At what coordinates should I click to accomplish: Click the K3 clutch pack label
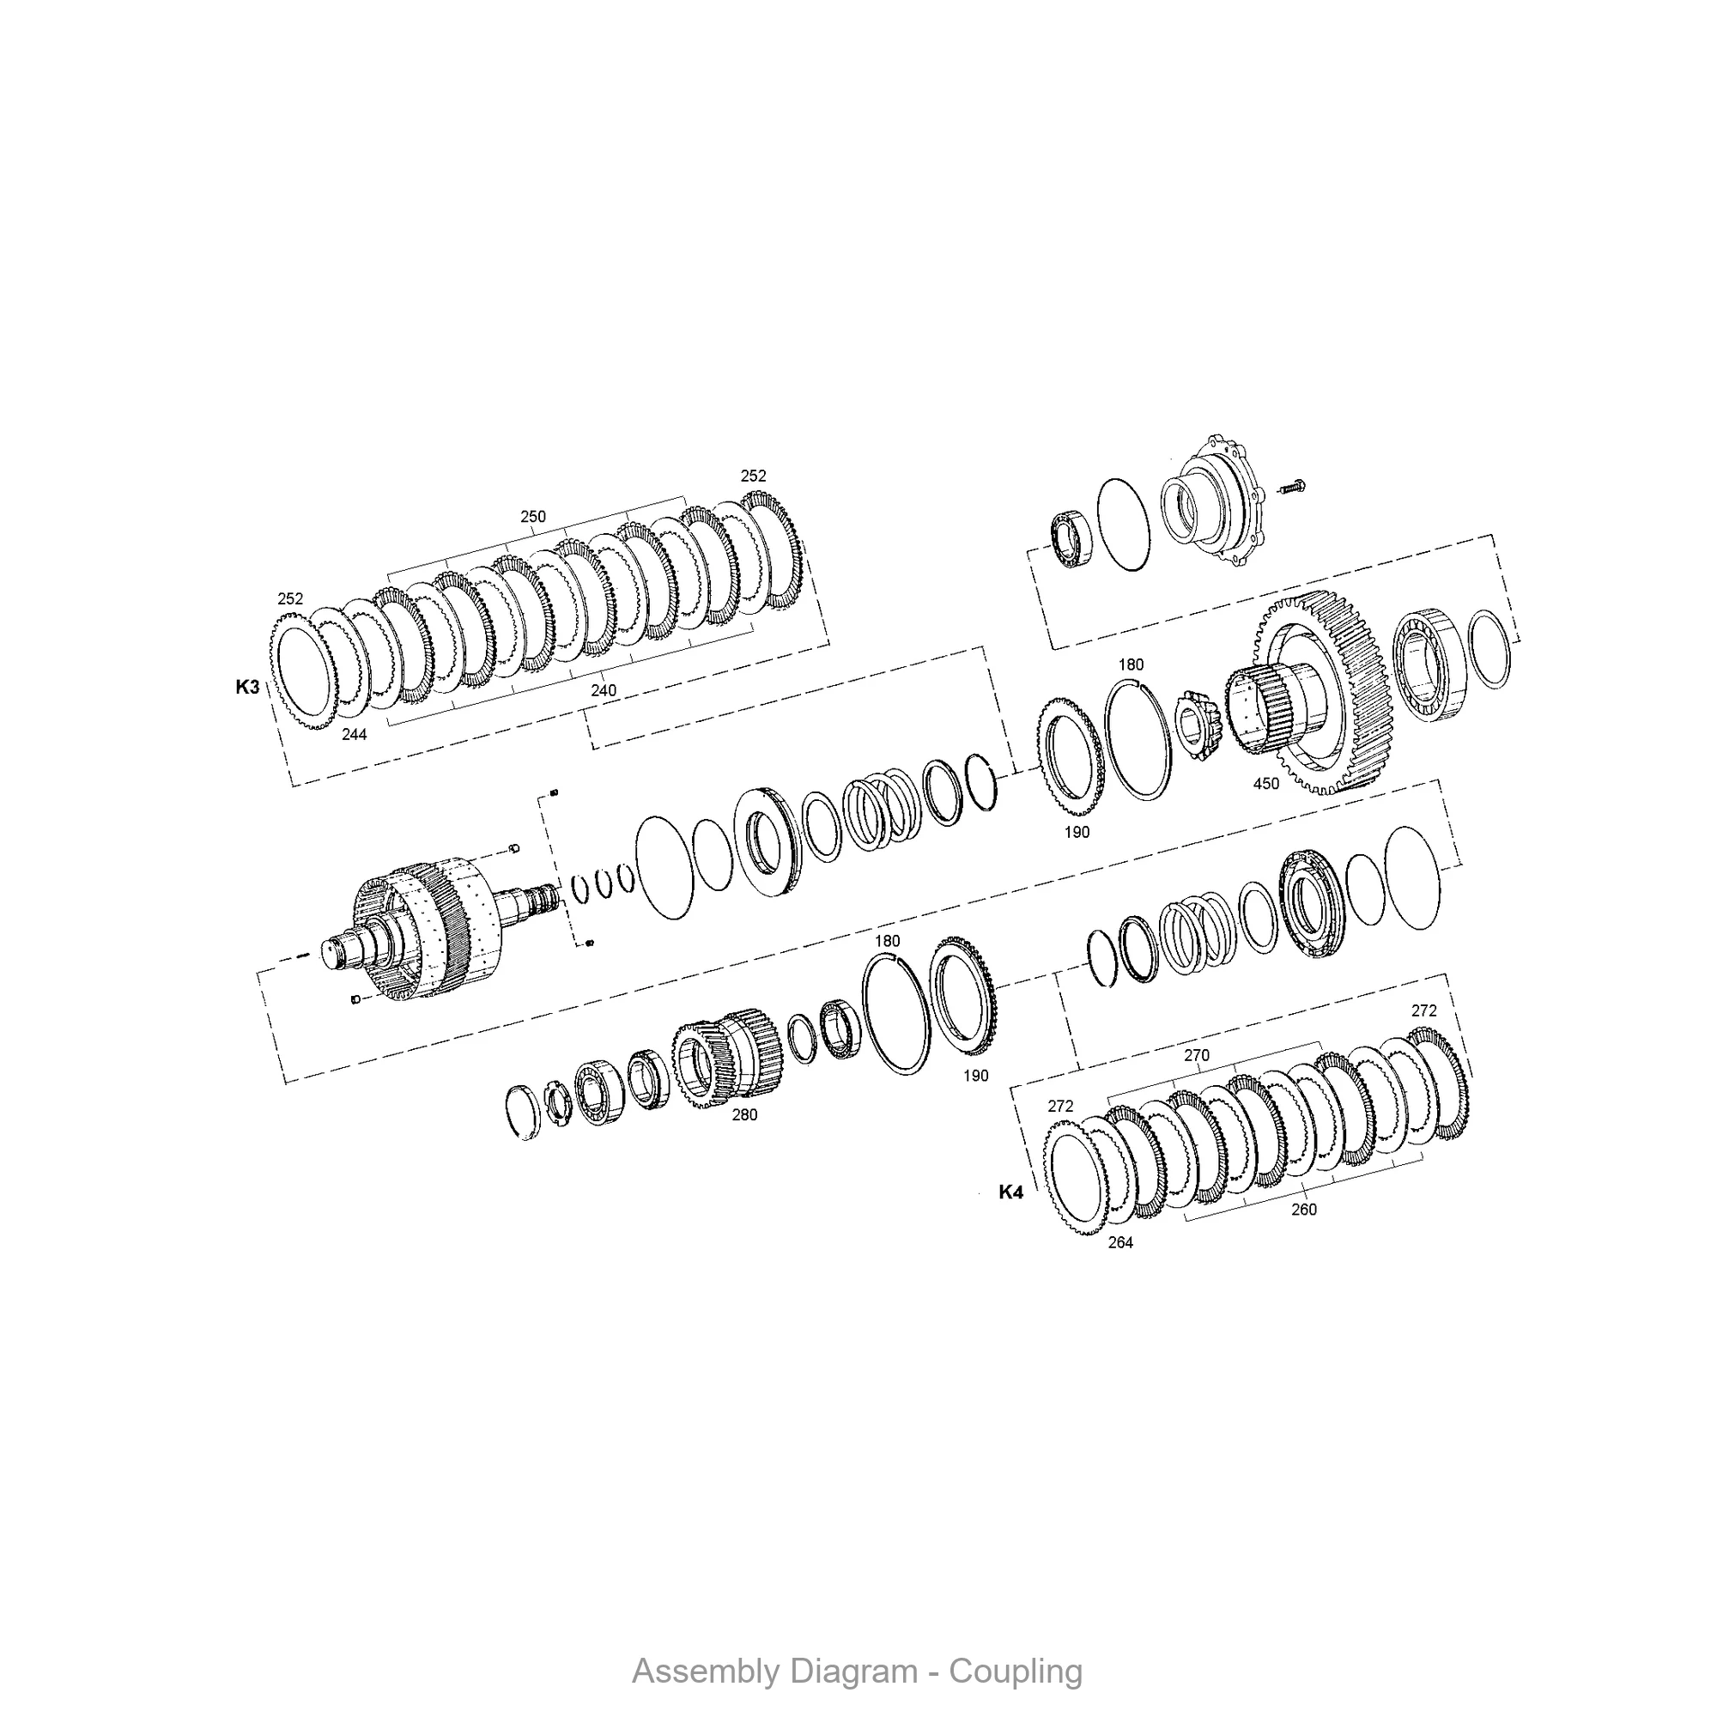(247, 687)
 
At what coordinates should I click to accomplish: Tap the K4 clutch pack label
(1010, 1192)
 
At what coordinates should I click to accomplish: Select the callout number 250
(533, 517)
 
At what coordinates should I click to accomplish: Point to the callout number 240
(604, 690)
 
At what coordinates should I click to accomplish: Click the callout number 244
(355, 734)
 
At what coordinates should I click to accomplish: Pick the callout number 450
(1265, 784)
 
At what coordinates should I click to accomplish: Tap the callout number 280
(744, 1115)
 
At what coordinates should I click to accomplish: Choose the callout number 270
(1197, 1056)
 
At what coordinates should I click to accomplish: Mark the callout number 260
(1304, 1210)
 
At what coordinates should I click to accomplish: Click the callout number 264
(1120, 1243)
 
